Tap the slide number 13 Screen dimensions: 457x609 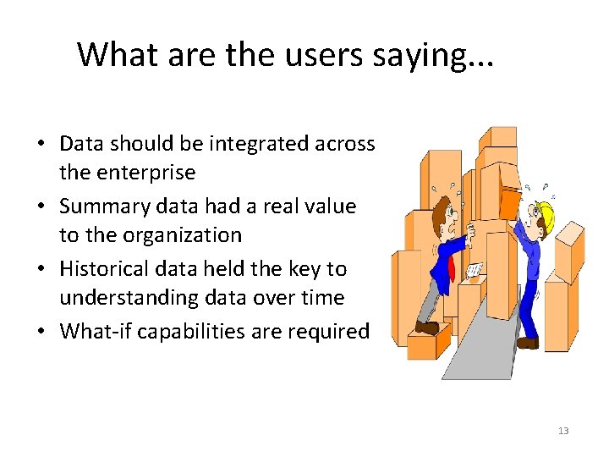[x=563, y=432]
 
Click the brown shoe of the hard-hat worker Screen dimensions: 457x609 [x=527, y=343]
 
